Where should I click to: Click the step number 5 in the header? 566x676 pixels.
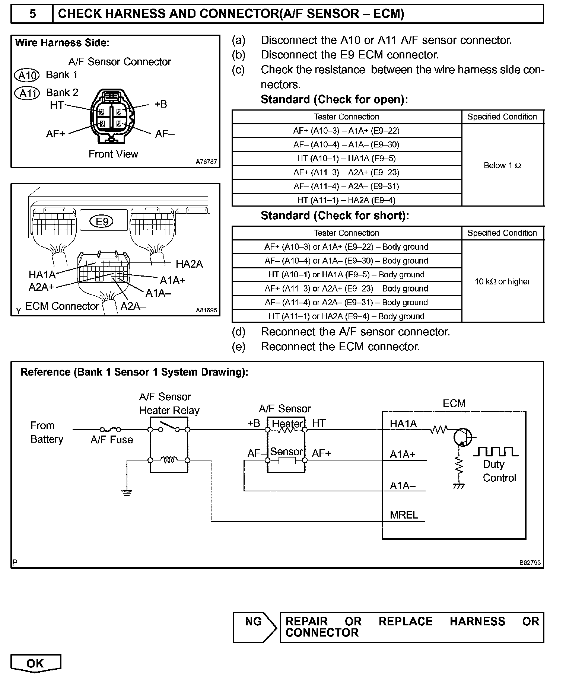point(33,14)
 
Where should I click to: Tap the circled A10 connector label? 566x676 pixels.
point(26,76)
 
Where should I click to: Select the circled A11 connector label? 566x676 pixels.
point(27,93)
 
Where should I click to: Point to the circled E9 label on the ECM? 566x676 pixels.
point(102,222)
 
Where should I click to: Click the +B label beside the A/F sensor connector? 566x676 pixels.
point(160,104)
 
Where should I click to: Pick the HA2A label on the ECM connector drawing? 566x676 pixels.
point(189,264)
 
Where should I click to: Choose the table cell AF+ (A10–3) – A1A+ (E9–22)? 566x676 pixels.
point(347,131)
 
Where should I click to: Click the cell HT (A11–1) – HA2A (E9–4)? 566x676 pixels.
point(347,200)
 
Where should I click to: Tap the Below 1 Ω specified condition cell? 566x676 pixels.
point(503,165)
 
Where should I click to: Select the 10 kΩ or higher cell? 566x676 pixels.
point(503,281)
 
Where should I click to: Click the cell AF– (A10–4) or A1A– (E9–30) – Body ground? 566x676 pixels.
point(347,261)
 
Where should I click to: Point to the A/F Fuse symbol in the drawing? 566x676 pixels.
point(111,429)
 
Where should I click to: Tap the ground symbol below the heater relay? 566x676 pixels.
point(127,492)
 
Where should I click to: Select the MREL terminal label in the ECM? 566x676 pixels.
point(404,515)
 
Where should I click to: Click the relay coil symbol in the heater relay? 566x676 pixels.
point(169,460)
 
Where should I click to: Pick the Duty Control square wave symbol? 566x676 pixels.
point(496,452)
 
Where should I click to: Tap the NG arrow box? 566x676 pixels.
point(255,627)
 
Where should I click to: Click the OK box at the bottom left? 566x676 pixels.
point(36,663)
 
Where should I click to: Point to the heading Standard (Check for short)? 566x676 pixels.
point(335,216)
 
